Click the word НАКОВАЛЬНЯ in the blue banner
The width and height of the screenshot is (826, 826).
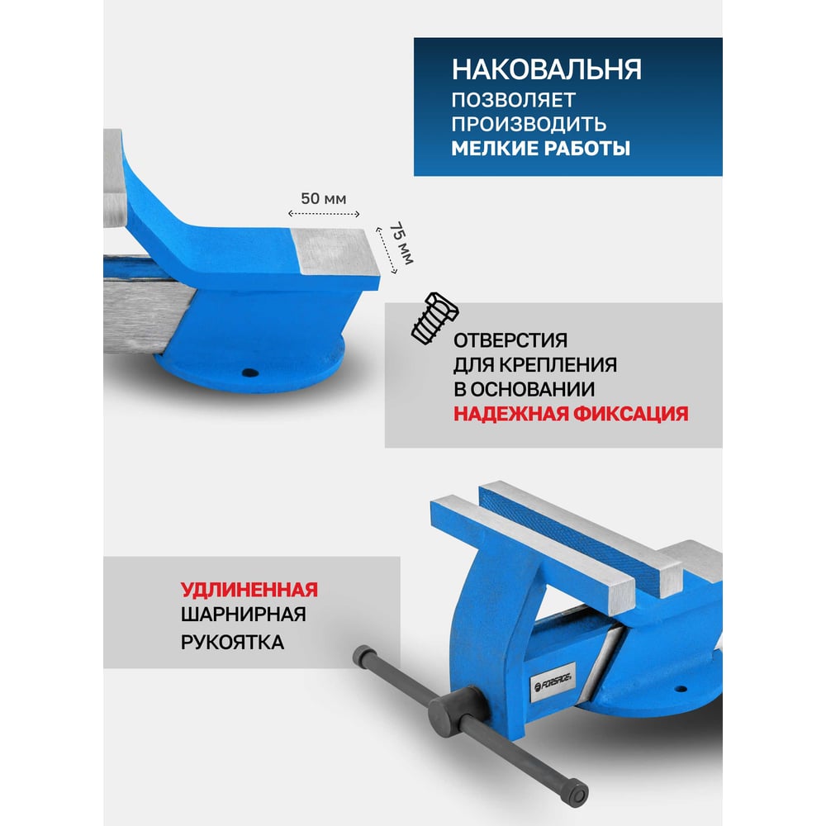coord(546,69)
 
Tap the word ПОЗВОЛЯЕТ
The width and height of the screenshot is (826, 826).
coord(513,100)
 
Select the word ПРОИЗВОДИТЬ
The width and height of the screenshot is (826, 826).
coord(529,124)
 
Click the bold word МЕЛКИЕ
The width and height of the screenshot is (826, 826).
coord(494,149)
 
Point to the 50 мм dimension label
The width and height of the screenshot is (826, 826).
coord(324,198)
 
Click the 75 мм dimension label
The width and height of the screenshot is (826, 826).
coord(401,243)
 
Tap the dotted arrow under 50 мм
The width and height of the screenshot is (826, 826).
coord(324,214)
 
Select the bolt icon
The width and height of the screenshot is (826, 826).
coord(434,319)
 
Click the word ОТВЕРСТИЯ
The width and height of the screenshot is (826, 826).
coord(510,340)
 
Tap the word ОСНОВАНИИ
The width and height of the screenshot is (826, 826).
coord(532,389)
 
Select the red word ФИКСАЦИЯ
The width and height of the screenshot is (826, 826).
coord(630,414)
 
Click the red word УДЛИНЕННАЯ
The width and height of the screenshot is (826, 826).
coord(249,590)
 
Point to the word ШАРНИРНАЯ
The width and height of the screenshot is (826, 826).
coord(244,615)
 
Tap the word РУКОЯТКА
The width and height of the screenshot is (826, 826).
coord(232,642)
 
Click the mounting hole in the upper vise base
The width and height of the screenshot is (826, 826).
coord(249,373)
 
